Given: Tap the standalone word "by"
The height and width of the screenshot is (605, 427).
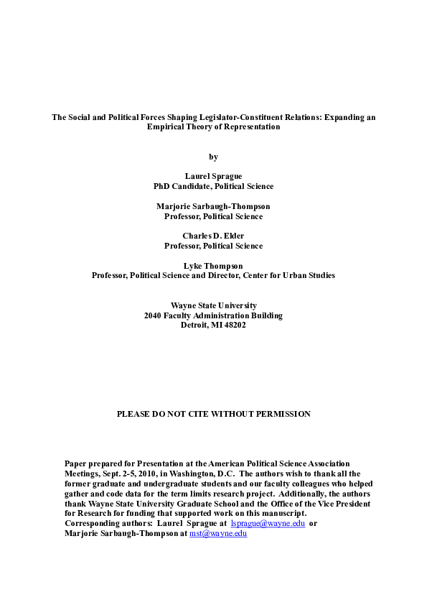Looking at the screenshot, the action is pos(213,157).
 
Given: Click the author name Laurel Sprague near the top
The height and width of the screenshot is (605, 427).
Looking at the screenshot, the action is pos(213,176).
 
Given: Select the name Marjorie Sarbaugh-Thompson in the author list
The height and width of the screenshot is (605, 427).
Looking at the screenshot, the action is pos(213,206).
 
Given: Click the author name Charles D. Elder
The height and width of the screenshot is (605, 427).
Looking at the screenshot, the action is pos(213,236).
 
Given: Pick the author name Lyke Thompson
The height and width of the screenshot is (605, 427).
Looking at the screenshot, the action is pos(213,266).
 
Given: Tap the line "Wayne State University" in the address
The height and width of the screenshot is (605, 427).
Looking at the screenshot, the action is pos(213,305).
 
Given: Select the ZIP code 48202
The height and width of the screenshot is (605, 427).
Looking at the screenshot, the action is pos(234,325).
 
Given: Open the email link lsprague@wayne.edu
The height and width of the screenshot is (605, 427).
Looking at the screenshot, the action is pos(268,523).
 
